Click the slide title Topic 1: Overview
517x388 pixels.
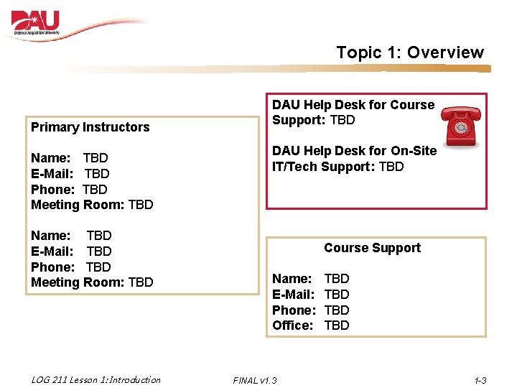pos(410,52)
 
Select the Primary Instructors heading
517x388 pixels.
pos(90,127)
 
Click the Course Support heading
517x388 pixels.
pos(372,248)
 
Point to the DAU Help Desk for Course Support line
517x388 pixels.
pos(353,105)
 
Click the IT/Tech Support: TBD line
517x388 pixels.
pos(337,167)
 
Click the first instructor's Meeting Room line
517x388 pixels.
pos(92,205)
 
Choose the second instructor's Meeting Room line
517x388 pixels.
pos(92,282)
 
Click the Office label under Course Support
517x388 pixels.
pos(292,325)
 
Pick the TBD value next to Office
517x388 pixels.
pos(337,325)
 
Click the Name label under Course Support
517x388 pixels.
pos(292,278)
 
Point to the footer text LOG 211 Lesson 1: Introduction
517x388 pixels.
pos(96,379)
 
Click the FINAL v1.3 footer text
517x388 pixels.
pos(255,380)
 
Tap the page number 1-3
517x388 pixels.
pos(480,380)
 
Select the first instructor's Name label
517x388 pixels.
pos(50,158)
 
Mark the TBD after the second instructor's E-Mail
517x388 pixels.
pos(99,251)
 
